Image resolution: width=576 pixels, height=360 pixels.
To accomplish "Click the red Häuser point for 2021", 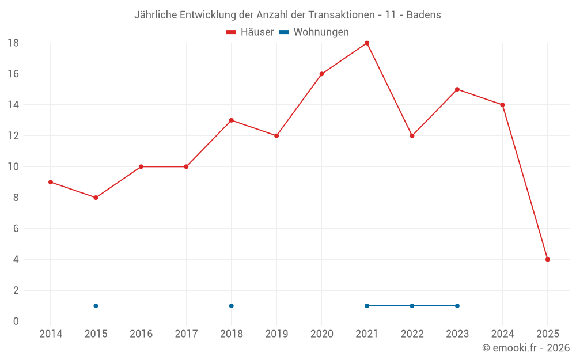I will coord(367,43).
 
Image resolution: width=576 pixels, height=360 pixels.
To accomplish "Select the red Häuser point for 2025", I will coord(548,259).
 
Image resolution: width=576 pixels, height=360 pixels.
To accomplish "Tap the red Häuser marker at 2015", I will coord(96,198).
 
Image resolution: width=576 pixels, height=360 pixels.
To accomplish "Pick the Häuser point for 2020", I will coord(321,74).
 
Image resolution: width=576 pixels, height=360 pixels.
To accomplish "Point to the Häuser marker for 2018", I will coord(231,120).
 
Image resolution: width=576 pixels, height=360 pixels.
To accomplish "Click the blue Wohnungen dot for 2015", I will coord(96,306).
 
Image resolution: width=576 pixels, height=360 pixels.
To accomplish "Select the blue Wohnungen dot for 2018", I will coord(231,306).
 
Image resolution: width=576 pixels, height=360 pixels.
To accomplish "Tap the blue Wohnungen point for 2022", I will coord(412,306).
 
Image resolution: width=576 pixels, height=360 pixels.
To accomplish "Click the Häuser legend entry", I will coord(251,32).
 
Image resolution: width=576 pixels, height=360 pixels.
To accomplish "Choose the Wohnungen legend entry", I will coord(314,32).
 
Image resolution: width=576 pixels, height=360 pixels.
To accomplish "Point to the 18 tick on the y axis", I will coord(13,43).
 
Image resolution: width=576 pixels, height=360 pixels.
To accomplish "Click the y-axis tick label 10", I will coord(13,167).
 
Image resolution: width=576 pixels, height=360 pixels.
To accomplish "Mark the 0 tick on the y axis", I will coord(16,321).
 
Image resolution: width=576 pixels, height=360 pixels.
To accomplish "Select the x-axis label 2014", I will coord(51,334).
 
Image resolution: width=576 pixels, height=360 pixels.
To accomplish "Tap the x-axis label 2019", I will coord(276,334).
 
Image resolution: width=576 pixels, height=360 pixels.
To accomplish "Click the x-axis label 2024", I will coord(502,334).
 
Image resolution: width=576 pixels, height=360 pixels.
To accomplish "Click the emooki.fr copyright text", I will coord(526,348).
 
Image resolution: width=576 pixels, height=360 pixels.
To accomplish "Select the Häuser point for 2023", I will coord(457,89).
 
